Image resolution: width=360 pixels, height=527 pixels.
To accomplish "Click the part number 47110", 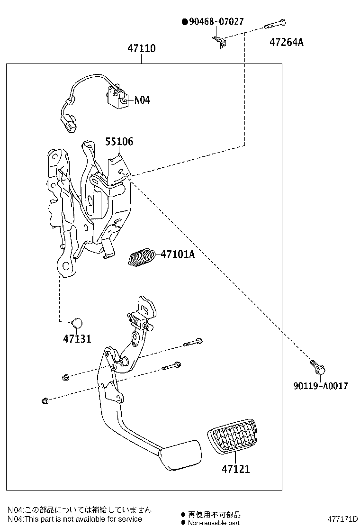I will (141, 49).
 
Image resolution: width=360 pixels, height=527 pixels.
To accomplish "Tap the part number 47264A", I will (287, 42).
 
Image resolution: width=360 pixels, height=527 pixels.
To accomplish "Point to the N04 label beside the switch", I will (142, 100).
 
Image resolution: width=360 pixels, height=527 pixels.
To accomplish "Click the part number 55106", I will (119, 141).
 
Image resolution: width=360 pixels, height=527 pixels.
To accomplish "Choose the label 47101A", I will (178, 254).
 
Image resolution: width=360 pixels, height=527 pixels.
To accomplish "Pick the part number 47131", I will (77, 338).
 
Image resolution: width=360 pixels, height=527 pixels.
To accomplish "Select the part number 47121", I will (235, 469).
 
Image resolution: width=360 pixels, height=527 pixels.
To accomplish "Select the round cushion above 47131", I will (77, 323).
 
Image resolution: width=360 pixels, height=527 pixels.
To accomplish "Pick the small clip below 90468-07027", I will (219, 41).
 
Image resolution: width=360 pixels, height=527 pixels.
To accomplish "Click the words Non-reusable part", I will (214, 522).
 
